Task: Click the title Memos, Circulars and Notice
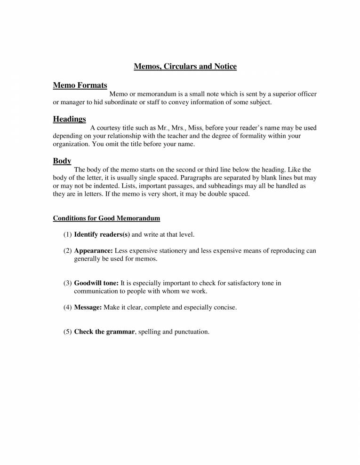pos(185,67)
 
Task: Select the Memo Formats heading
pos(80,85)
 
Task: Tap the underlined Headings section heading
pos(69,119)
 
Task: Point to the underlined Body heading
pos(62,161)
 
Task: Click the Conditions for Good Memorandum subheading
pos(106,218)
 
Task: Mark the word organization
pos(71,144)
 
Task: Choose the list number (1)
pos(67,234)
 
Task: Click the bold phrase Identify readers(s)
pos(102,234)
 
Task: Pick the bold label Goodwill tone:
pos(96,283)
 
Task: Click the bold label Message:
pos(88,308)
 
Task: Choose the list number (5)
pos(67,332)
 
